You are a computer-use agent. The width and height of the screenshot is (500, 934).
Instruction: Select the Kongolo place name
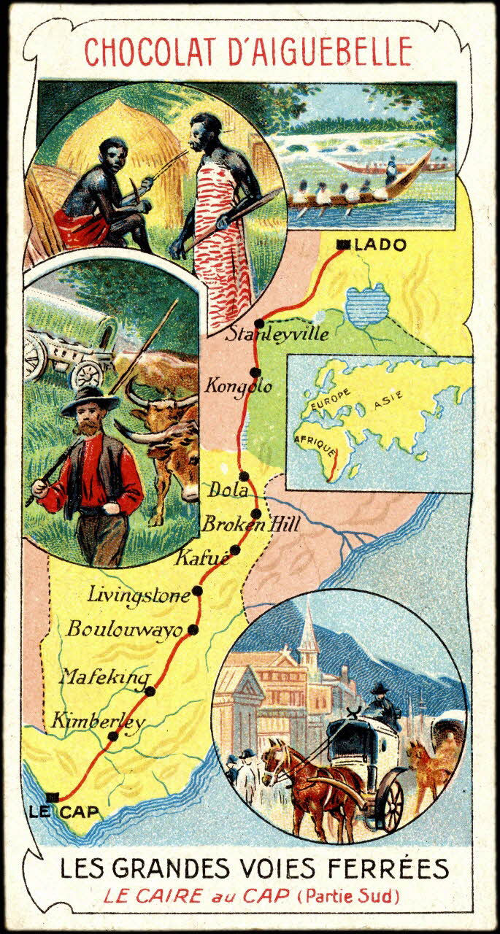[x=238, y=385]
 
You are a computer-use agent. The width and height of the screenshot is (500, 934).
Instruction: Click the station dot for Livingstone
[x=197, y=591]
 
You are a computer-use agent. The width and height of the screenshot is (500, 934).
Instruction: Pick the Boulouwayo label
[x=123, y=629]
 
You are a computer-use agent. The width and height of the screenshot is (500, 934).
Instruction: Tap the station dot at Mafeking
[x=150, y=691]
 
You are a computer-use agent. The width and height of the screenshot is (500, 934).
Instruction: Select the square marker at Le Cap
[x=51, y=797]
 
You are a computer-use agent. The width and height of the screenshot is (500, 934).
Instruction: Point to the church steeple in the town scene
[x=309, y=631]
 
